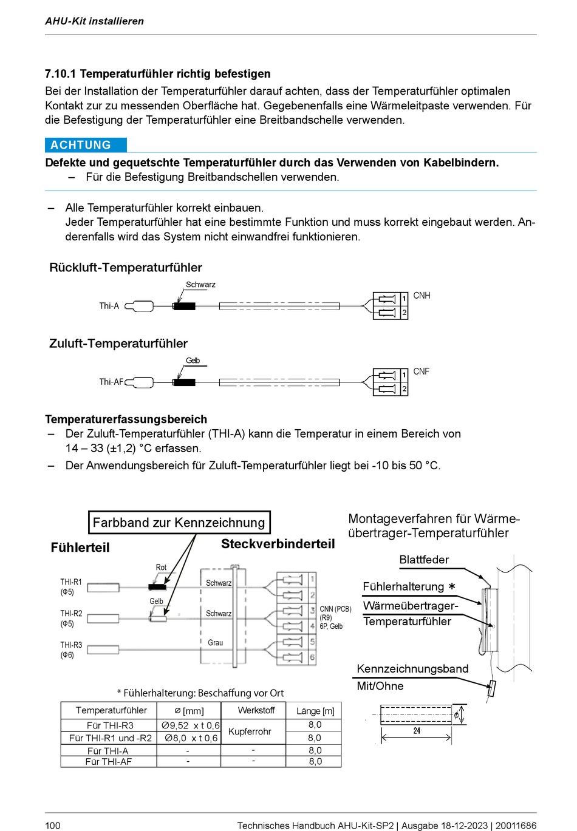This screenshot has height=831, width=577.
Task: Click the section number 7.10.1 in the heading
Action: pos(60,74)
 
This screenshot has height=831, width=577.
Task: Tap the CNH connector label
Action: pos(422,296)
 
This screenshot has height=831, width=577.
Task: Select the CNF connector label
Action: pos(421,371)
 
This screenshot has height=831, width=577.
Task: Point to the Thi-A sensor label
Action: pos(109,306)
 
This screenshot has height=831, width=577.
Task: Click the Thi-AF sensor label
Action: pos(111,382)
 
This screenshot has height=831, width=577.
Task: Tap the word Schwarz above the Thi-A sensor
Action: pos(200,285)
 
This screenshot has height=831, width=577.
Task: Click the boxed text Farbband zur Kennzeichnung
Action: pos(179,523)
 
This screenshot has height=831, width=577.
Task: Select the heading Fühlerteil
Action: pos(80,548)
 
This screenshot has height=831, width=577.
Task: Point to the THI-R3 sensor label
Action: pos(71,645)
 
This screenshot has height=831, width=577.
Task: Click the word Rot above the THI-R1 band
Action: pos(161,568)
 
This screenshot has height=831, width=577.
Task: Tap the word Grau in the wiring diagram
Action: pos(215,643)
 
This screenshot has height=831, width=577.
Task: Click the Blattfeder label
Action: pos(424,560)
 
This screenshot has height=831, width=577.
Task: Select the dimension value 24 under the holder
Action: pos(417,731)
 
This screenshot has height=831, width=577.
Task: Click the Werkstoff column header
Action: pos(256,710)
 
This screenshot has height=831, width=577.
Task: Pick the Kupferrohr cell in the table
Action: pos(250,731)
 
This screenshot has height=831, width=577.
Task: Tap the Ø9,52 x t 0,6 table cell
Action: pos(190,725)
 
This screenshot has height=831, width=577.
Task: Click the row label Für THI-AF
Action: pos(109,762)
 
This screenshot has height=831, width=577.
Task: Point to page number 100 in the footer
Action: pos(53,825)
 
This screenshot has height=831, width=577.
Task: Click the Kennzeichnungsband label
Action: pos(412,669)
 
